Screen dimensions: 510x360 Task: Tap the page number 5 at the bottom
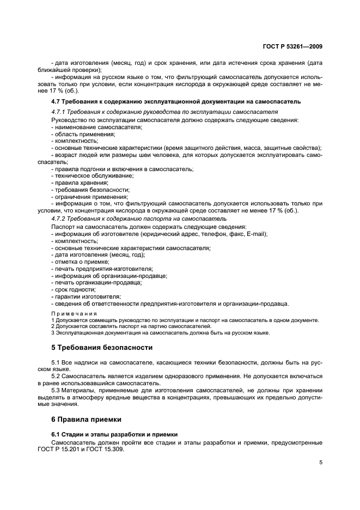tap(321, 463)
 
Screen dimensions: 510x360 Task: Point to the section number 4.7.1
tap(58, 111)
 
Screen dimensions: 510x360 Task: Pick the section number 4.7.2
tap(58, 218)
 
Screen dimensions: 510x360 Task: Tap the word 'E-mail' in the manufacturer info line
tap(257, 234)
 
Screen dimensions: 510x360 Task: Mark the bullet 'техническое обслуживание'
tap(92, 176)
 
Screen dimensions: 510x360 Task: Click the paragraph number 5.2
tap(57, 377)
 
